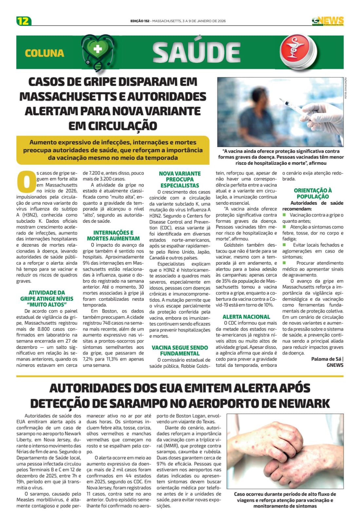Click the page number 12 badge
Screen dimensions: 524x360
pos(24,21)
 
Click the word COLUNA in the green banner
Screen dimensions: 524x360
pos(44,53)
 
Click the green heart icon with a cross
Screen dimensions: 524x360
pos(97,50)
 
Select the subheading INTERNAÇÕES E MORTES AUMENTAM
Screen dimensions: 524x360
pos(113,235)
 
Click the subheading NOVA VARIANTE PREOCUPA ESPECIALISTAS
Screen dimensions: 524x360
pos(180,179)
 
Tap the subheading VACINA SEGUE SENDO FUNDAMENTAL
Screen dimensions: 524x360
pos(180,350)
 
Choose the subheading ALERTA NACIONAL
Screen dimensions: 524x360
pos(246,317)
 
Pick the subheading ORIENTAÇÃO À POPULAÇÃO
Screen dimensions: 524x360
pos(313,193)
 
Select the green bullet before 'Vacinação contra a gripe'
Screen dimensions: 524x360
pos(284,215)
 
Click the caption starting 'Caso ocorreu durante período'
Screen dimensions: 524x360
pos(285,500)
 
